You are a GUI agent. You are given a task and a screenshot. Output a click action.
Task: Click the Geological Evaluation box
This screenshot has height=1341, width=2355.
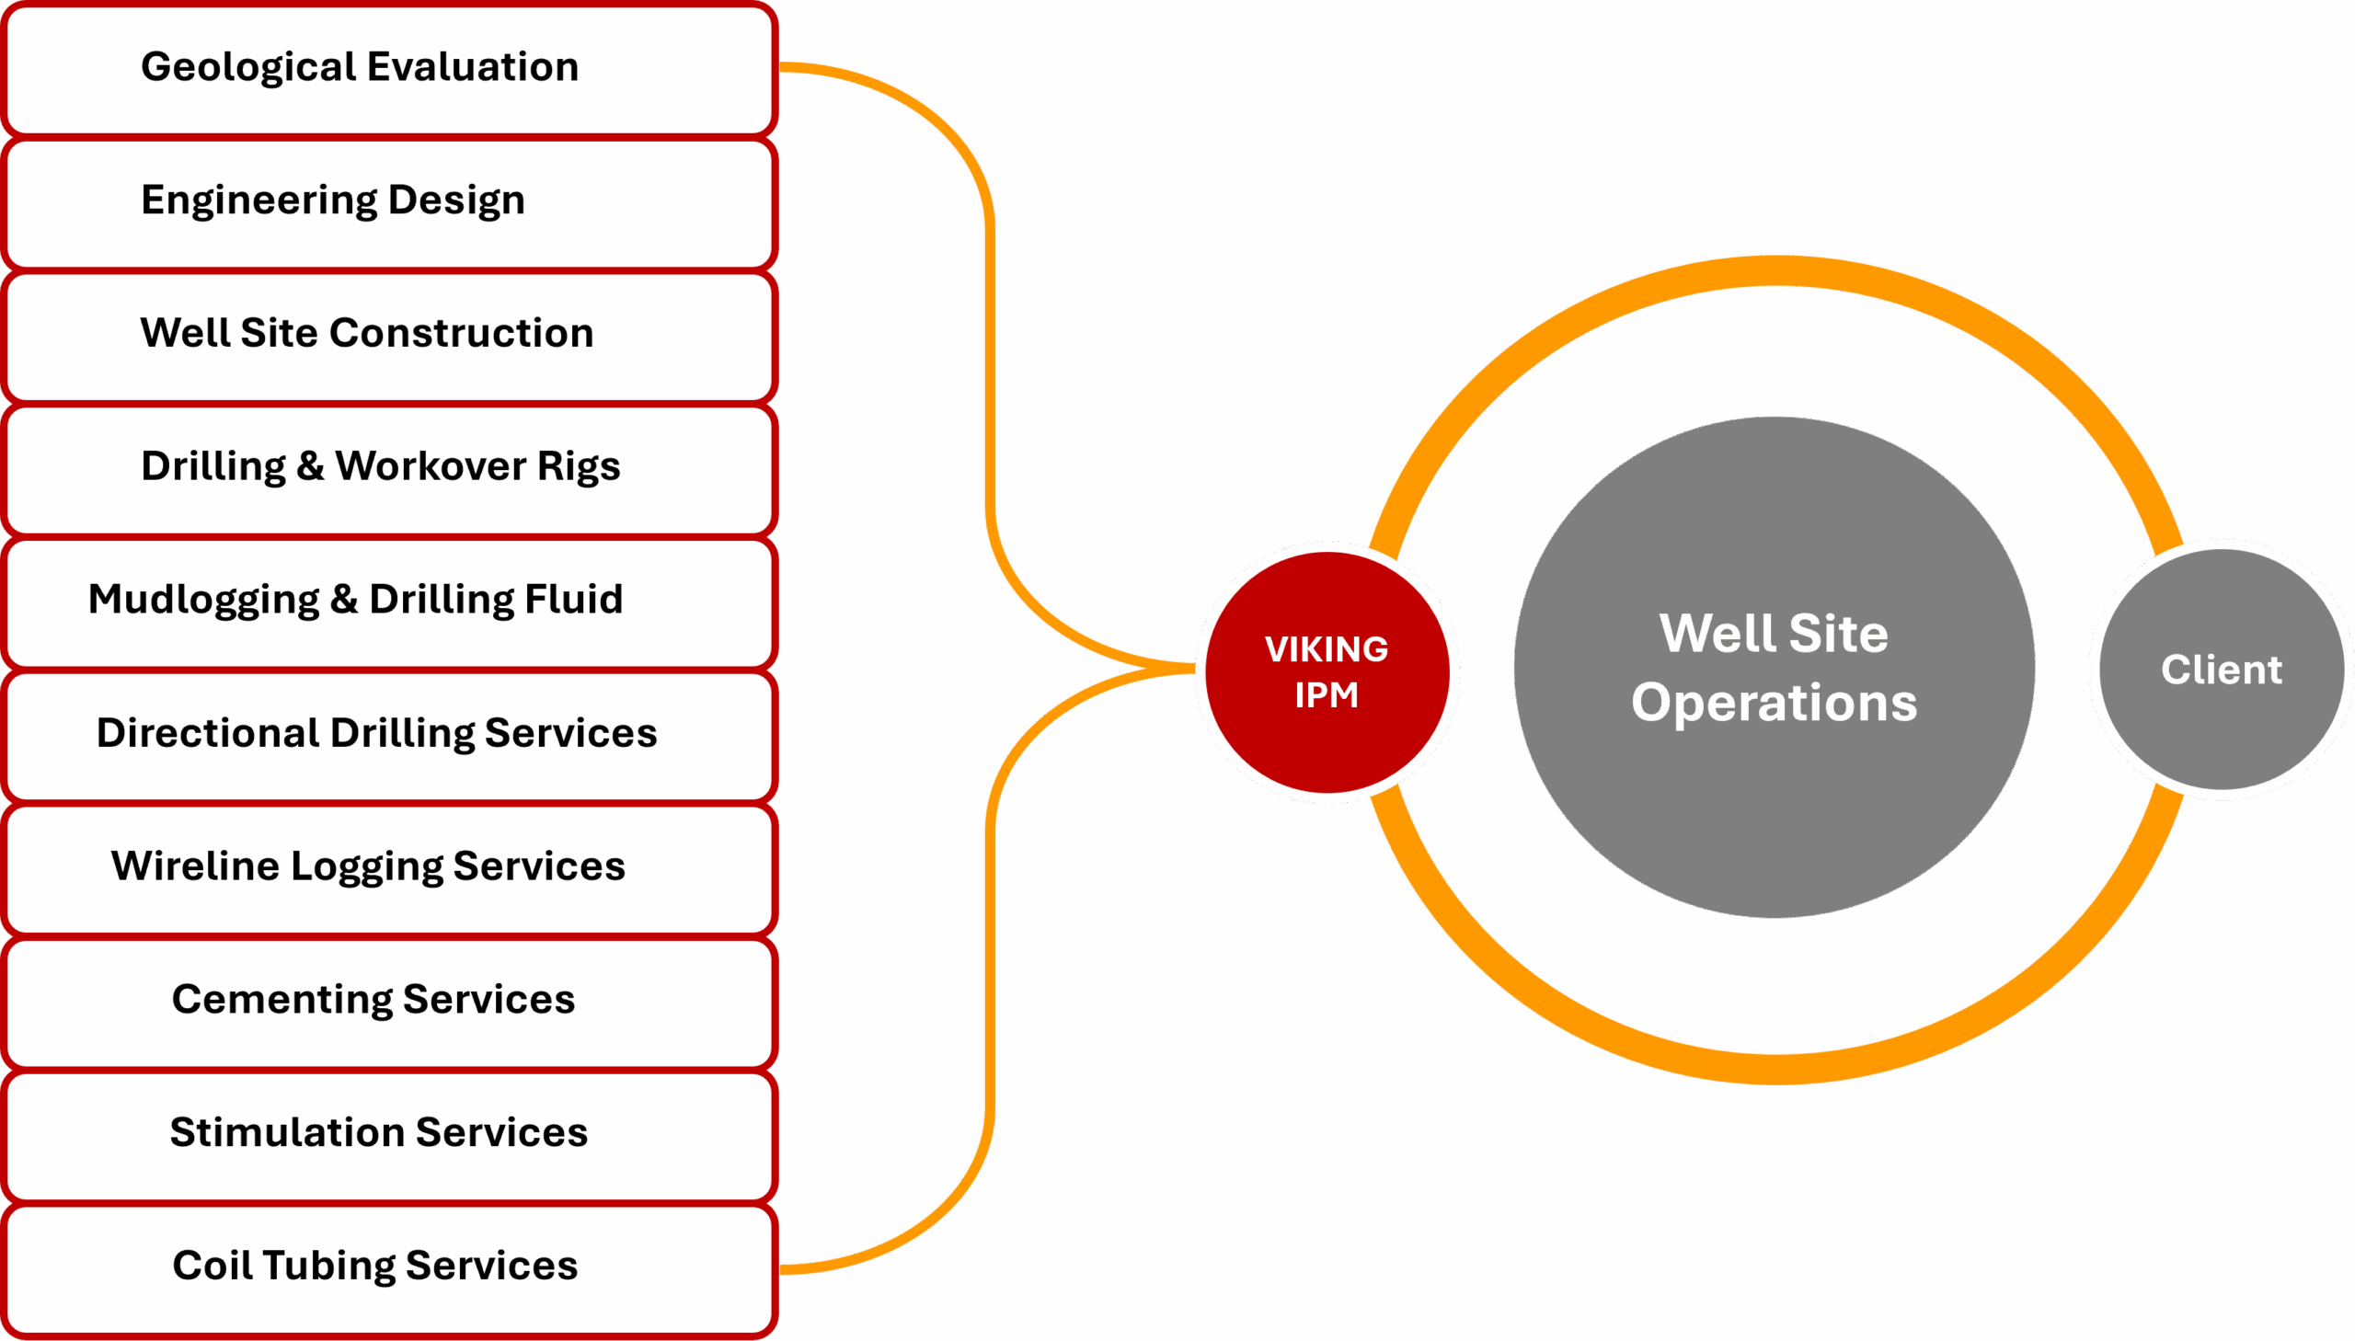pos(388,68)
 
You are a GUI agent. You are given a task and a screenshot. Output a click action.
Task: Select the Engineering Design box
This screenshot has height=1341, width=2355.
pos(388,201)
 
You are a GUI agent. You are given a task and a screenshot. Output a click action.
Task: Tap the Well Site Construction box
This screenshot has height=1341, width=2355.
pos(388,334)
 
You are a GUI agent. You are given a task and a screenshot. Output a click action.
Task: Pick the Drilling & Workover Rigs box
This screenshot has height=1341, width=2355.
pos(388,468)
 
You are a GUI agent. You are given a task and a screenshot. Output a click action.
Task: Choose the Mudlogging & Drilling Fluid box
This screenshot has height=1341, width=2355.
pos(388,601)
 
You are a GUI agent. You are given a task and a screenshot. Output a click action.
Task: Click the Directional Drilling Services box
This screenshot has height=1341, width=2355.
pos(388,734)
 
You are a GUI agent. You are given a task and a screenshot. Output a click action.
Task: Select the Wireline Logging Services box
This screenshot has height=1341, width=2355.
pos(388,866)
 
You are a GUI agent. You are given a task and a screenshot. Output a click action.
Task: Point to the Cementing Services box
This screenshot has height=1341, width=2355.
pos(388,1000)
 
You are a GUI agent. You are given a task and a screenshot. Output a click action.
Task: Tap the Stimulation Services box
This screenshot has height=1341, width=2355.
pos(388,1133)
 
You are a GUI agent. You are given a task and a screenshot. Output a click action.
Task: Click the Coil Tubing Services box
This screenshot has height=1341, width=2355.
pos(388,1266)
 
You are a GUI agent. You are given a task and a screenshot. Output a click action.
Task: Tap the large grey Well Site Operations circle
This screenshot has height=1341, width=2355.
pos(1774,783)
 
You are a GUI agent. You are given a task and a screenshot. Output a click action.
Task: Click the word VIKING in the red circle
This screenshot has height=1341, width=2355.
pos(1327,649)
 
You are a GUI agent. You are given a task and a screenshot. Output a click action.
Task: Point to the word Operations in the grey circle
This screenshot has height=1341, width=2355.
pos(1774,703)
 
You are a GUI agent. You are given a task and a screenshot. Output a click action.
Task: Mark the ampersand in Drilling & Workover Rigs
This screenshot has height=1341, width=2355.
pos(309,466)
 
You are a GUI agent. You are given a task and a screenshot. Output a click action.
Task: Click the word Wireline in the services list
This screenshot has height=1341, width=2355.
pos(194,865)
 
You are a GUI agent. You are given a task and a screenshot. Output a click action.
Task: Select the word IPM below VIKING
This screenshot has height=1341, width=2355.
pos(1327,695)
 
